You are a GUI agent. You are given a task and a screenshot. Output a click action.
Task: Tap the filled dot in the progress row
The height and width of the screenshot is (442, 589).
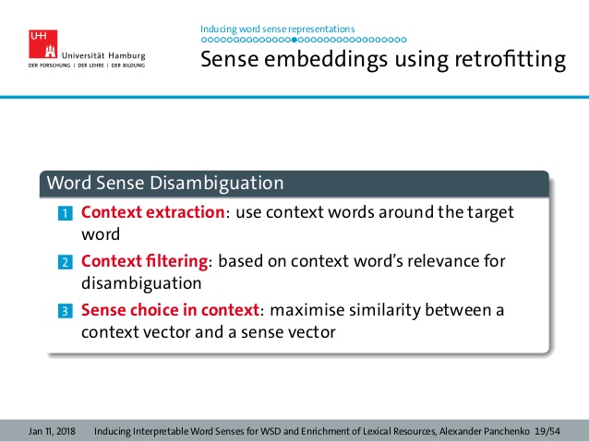tap(294, 41)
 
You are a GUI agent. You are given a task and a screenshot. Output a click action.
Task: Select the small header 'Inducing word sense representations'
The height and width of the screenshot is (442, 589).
tap(277, 29)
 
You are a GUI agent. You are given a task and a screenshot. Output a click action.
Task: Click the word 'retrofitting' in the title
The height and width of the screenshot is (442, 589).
tap(509, 61)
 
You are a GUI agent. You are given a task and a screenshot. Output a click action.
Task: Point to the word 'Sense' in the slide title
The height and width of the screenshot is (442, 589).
tap(231, 61)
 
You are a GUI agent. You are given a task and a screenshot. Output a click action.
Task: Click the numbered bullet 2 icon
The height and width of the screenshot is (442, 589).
tap(65, 263)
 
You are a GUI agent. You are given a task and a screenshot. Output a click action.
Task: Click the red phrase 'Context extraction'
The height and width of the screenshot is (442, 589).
tap(153, 212)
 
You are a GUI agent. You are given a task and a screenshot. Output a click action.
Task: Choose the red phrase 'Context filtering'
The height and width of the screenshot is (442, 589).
tap(144, 261)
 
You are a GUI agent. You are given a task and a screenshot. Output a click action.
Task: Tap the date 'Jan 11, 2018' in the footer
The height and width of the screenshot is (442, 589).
tap(52, 431)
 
